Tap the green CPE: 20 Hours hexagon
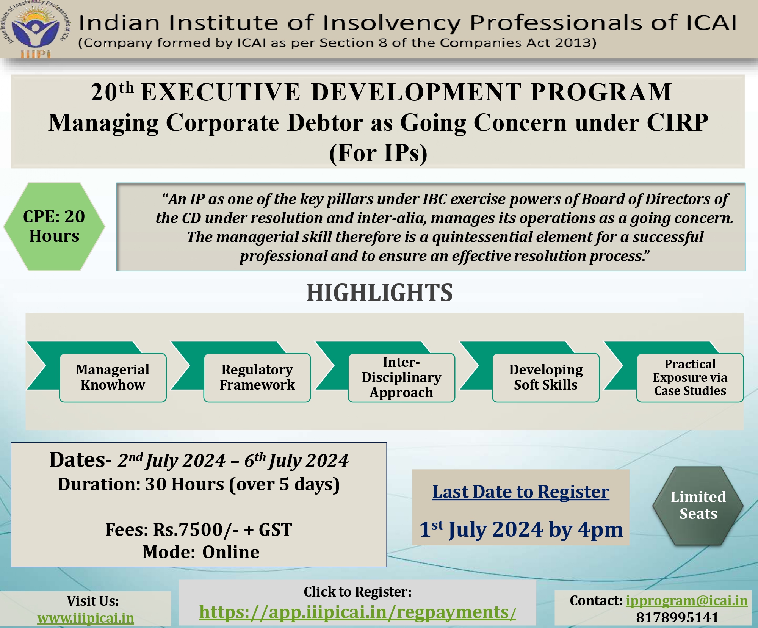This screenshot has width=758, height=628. click(x=54, y=227)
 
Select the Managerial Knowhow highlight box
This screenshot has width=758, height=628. click(x=113, y=377)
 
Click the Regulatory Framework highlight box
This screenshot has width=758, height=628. click(x=257, y=377)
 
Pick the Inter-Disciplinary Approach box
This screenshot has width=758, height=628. click(x=401, y=377)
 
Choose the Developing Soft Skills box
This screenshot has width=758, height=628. click(x=546, y=377)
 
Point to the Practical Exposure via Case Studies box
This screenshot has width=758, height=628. click(x=690, y=377)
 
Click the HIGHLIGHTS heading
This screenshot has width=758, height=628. click(x=379, y=293)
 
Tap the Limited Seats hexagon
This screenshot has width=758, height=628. click(x=698, y=506)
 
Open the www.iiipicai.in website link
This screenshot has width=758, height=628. click(x=86, y=618)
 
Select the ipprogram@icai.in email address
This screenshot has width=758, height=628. click(x=686, y=601)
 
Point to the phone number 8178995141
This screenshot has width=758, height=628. click(x=677, y=617)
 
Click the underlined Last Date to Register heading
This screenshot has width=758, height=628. click(x=521, y=492)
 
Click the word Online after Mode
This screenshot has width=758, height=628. click(x=231, y=552)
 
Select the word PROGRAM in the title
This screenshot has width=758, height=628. click(x=601, y=92)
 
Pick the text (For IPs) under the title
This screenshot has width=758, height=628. click(x=378, y=153)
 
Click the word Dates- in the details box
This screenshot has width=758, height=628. click(x=80, y=460)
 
